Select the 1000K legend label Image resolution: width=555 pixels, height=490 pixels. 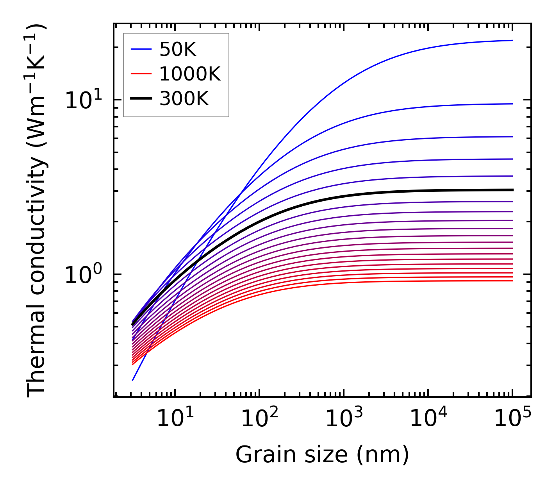click(x=190, y=74)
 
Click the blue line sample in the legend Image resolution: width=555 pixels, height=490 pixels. click(x=141, y=49)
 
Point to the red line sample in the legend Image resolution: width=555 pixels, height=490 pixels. click(x=141, y=74)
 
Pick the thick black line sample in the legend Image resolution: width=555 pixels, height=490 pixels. click(x=141, y=99)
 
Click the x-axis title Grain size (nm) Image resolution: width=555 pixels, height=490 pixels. click(x=322, y=455)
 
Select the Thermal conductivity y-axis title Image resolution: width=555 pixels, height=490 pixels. click(x=37, y=211)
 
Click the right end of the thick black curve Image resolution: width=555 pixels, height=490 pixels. click(x=512, y=190)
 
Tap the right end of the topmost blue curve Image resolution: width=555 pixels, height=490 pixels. click(x=512, y=40)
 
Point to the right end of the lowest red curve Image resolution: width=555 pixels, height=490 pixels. click(x=512, y=281)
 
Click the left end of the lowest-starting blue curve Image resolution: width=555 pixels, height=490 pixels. click(x=133, y=380)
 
